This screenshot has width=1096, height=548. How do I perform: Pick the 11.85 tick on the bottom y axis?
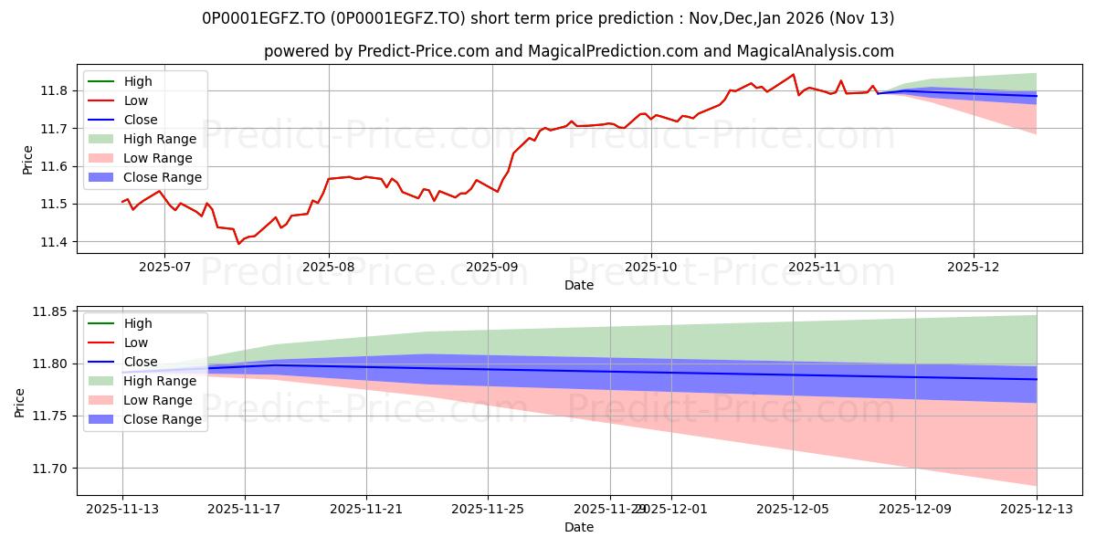pyautogui.click(x=46, y=311)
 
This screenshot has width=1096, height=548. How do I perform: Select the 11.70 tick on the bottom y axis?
pyautogui.click(x=46, y=469)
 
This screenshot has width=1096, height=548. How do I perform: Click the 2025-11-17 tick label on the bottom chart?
pyautogui.click(x=245, y=508)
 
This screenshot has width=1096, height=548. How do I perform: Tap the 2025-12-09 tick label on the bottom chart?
pyautogui.click(x=915, y=508)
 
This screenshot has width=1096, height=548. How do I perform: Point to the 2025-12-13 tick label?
pyautogui.click(x=1037, y=508)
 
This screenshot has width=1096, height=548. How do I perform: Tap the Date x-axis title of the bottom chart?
pyautogui.click(x=579, y=527)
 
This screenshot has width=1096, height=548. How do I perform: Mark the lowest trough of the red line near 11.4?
pyautogui.click(x=238, y=244)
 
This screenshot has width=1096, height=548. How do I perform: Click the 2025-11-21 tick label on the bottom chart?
pyautogui.click(x=366, y=508)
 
